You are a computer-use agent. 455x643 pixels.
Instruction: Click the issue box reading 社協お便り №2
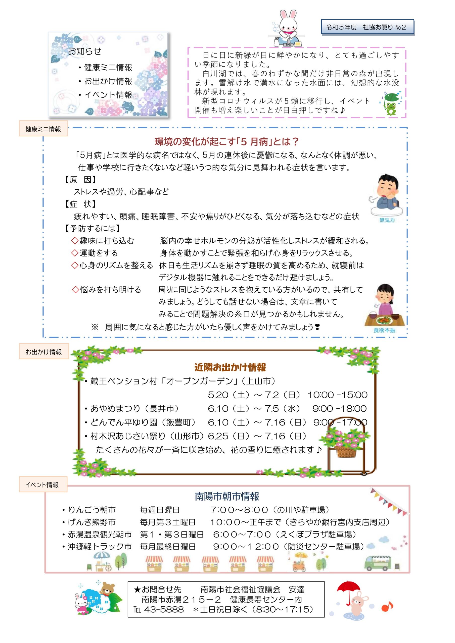(x=367, y=27)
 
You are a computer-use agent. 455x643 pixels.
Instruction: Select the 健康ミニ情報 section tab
(x=43, y=129)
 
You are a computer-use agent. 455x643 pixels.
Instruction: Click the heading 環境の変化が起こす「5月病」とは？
(x=226, y=142)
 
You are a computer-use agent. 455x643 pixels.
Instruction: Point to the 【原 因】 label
(x=80, y=180)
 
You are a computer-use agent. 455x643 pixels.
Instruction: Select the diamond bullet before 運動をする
(x=75, y=253)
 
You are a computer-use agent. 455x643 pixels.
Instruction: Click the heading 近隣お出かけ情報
(x=230, y=367)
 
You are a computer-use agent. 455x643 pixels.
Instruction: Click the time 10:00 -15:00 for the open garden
(x=338, y=395)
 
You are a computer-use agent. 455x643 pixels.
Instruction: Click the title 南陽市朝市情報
(x=227, y=497)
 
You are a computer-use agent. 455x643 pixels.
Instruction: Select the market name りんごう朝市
(x=92, y=510)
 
